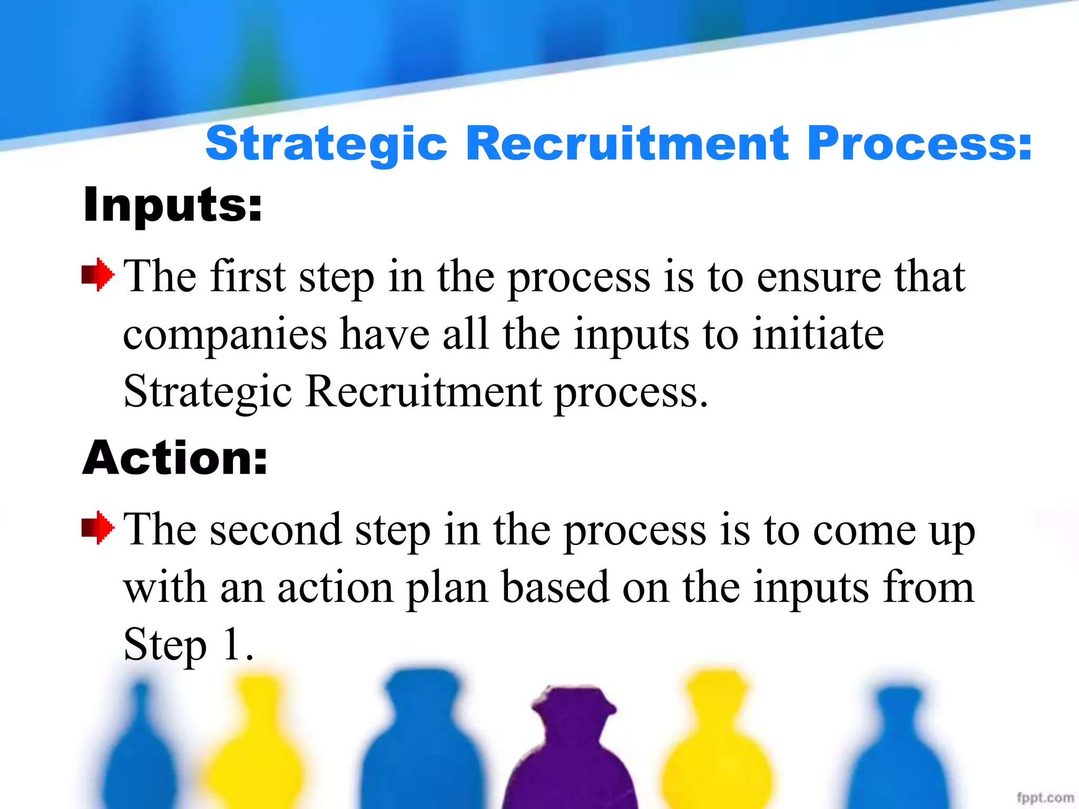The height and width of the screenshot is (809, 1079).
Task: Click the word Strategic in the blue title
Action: pos(326,143)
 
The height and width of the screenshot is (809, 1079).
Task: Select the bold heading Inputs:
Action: pos(172,205)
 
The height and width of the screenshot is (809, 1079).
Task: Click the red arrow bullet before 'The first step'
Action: pos(97,274)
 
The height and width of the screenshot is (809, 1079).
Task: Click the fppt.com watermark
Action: pos(1045,797)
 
